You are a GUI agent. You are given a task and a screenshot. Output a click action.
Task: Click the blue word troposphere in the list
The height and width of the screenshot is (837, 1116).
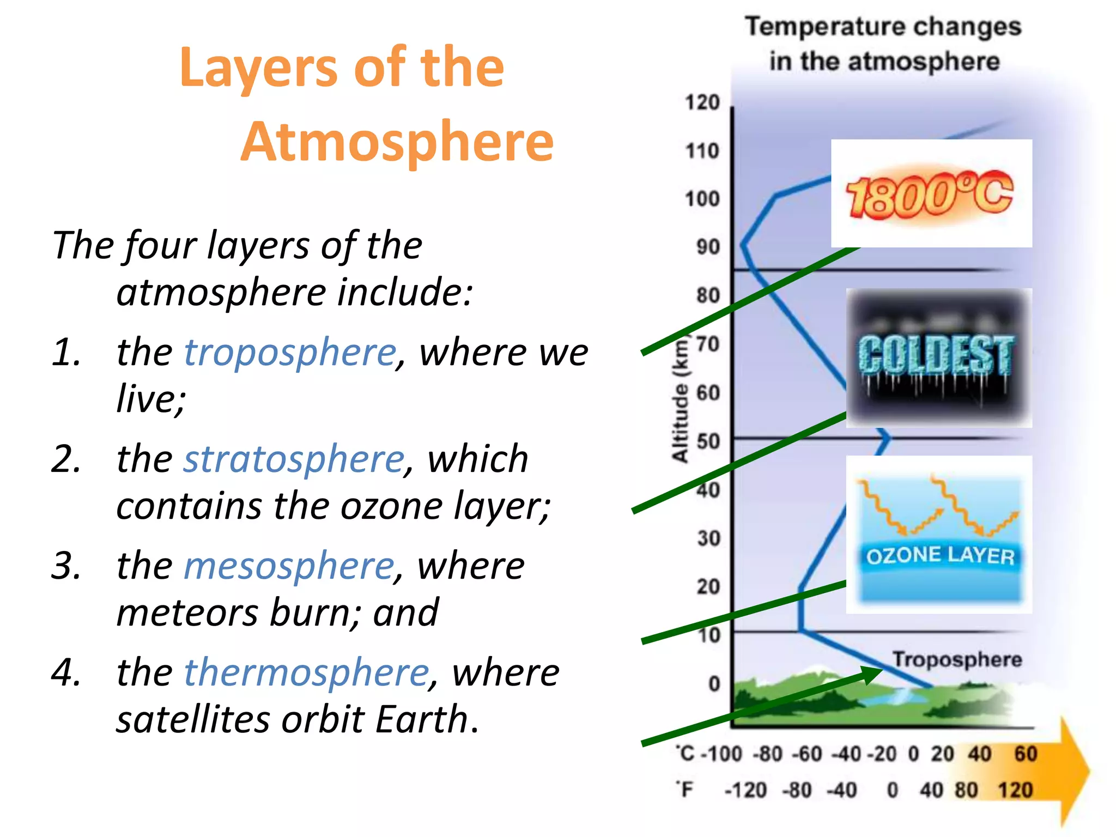pyautogui.click(x=290, y=353)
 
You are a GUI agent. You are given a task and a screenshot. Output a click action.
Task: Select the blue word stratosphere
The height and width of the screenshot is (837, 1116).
pyautogui.click(x=294, y=459)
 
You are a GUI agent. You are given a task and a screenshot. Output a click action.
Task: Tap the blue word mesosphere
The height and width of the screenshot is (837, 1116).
pyautogui.click(x=289, y=566)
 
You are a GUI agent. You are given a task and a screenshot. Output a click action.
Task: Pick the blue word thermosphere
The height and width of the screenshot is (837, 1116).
pyautogui.click(x=306, y=673)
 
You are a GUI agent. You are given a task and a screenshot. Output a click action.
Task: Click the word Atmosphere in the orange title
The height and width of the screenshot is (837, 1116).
pyautogui.click(x=397, y=142)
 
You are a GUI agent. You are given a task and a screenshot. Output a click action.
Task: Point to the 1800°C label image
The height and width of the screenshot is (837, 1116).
pyautogui.click(x=931, y=194)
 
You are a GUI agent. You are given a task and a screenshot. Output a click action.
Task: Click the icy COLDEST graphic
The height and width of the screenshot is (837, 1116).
pyautogui.click(x=937, y=357)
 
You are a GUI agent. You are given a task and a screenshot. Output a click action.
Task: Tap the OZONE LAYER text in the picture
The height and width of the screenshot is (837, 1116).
pyautogui.click(x=940, y=555)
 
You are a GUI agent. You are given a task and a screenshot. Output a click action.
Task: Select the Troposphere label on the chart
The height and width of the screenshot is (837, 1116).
pyautogui.click(x=957, y=659)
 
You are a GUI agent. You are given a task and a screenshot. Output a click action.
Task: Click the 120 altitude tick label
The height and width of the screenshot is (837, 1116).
pyautogui.click(x=702, y=102)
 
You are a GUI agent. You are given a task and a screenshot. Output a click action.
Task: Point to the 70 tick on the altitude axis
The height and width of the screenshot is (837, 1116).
pyautogui.click(x=708, y=344)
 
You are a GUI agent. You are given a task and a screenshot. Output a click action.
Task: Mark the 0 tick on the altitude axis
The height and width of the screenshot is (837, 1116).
pyautogui.click(x=714, y=684)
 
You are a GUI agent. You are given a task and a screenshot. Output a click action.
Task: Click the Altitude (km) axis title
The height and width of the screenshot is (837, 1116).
pyautogui.click(x=680, y=401)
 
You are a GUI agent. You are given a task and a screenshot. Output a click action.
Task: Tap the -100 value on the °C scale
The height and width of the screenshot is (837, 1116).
pyautogui.click(x=721, y=754)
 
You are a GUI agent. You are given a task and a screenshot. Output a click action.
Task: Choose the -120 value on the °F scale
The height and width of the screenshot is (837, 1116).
pyautogui.click(x=745, y=790)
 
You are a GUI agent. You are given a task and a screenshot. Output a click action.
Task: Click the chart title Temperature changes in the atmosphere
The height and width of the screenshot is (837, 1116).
pyautogui.click(x=883, y=44)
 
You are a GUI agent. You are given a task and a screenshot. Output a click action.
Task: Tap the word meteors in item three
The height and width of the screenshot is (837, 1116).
pyautogui.click(x=187, y=613)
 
